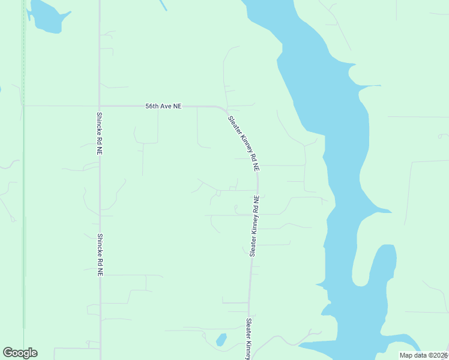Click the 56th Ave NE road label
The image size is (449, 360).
[x=163, y=106]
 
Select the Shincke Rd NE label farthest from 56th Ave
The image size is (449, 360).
[x=100, y=254]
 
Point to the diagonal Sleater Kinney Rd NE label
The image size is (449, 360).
[x=244, y=144]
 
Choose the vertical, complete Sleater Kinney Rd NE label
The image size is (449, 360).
[x=255, y=226]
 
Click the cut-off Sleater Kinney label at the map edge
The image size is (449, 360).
[x=249, y=339]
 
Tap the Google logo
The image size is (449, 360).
[x=20, y=353]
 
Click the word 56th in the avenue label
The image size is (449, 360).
[x=152, y=106]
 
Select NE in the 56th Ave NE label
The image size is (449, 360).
[x=176, y=106]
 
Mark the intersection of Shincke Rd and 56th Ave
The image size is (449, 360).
[x=100, y=106]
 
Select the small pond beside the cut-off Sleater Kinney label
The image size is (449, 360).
[x=221, y=340]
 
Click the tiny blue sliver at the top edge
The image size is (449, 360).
[x=163, y=5]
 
